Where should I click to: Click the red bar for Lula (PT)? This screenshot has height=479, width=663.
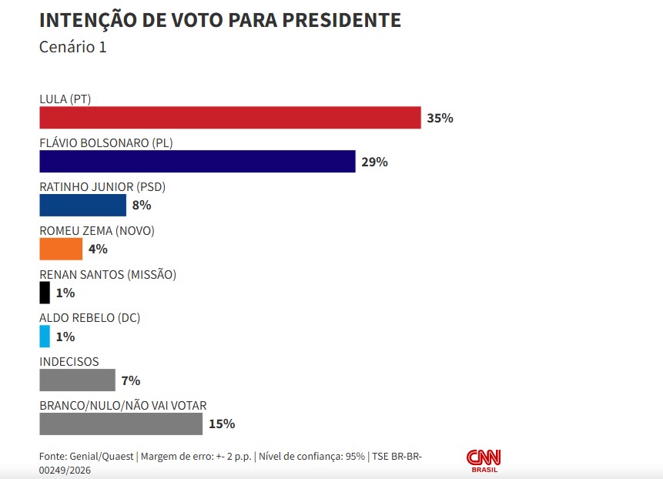pos(229,118)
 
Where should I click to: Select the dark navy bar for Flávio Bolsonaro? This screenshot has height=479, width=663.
pos(197,162)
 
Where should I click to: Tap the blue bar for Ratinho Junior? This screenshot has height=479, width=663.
pos(82,206)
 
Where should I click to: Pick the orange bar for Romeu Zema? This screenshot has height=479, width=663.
pos(61,249)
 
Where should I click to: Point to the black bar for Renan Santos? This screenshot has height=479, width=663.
pos(45,293)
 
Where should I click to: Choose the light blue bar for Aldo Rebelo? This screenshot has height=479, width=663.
pos(45,337)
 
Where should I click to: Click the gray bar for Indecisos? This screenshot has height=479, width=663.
pos(77,380)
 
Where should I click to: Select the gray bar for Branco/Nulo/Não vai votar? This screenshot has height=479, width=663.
pos(120,424)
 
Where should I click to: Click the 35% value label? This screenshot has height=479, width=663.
pos(440,119)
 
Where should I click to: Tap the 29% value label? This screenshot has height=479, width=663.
pos(375,162)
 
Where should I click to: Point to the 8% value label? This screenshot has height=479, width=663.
pos(142,206)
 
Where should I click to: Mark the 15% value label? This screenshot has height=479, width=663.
pos(222,424)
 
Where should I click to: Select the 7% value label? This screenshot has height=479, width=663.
pos(131,380)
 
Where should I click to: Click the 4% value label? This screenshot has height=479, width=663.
pos(98,250)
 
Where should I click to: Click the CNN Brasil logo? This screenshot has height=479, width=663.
pos(484,461)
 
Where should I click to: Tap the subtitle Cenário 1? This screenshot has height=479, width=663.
pos(72,47)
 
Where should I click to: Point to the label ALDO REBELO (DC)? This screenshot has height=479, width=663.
pos(89,317)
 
